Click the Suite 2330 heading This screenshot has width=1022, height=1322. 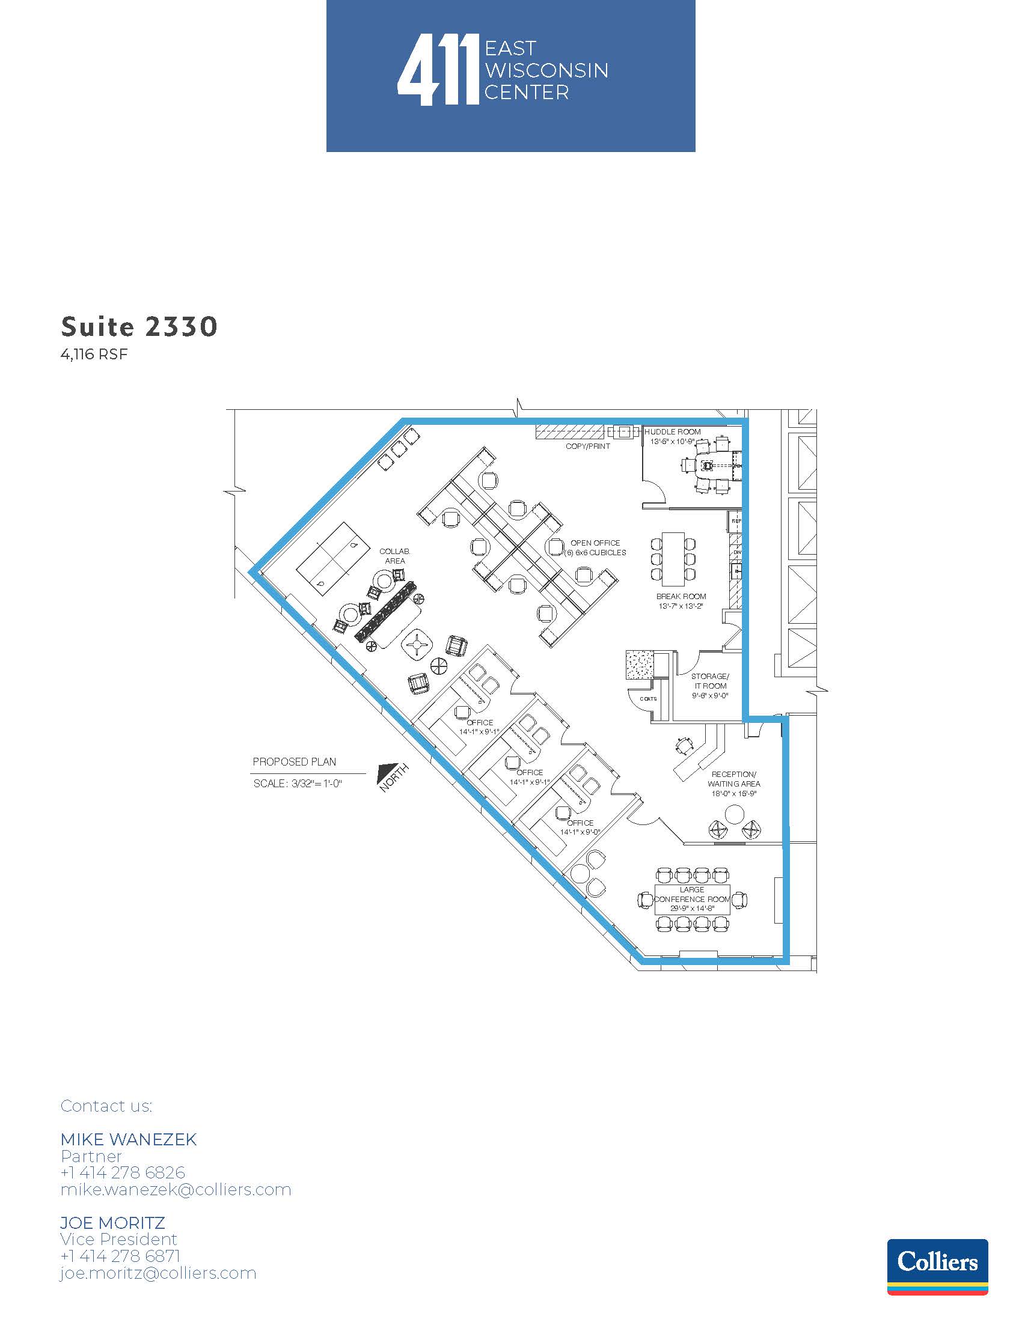pos(139,327)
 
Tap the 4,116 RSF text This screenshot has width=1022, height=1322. pos(94,355)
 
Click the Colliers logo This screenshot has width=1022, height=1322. pos(937,1267)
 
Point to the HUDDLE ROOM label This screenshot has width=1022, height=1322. pos(673,432)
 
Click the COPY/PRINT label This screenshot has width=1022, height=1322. pos(588,446)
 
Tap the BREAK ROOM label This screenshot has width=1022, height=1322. pos(681,597)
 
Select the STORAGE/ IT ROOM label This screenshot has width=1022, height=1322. pos(710,681)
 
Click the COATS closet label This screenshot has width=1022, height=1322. pos(649,698)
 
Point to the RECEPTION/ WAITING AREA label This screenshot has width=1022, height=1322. pos(734,779)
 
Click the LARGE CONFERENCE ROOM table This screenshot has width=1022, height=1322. pos(692,900)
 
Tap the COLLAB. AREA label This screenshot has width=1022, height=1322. pos(395,556)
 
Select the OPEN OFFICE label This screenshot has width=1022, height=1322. pos(595,543)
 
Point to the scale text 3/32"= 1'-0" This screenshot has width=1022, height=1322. pos(317,784)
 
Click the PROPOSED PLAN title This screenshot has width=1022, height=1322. pos(294,762)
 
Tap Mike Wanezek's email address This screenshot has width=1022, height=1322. pos(176,1190)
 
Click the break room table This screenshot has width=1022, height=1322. pos(673,559)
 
